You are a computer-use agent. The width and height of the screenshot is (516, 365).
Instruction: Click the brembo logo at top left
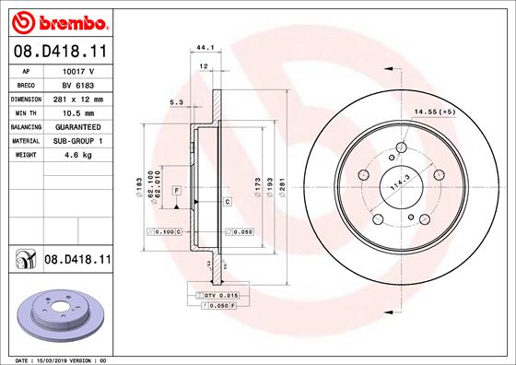click(x=57, y=19)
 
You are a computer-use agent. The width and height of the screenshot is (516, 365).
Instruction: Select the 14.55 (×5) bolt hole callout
click(x=435, y=112)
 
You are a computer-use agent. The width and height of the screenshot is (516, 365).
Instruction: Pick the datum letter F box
click(x=175, y=189)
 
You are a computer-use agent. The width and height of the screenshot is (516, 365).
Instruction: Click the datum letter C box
click(x=227, y=200)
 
